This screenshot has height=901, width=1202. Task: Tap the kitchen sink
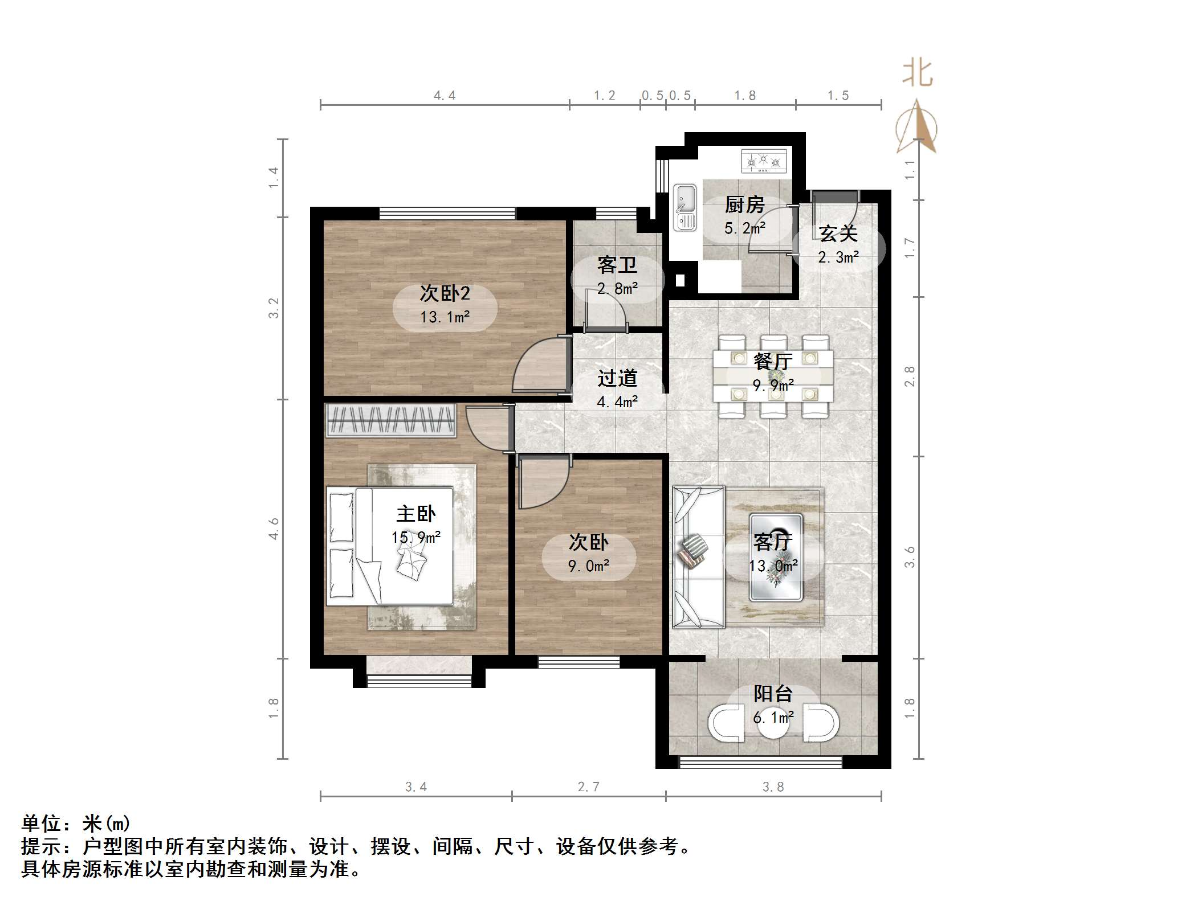coord(684,207)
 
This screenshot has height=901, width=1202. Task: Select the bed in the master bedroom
coord(390,546)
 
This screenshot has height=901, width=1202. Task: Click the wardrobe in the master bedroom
coord(390,420)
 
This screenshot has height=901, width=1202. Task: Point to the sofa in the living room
coord(696,556)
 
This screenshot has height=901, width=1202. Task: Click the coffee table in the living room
coord(776,557)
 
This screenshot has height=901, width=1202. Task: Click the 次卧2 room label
coord(445,293)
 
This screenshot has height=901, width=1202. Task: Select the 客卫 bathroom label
coord(617,265)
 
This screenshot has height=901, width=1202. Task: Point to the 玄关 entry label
coord(838,234)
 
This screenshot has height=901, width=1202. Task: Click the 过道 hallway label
coord(617,378)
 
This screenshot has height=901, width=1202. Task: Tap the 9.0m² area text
coord(588,566)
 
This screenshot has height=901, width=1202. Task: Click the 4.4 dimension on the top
coord(445,95)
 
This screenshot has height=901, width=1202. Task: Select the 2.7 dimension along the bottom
coord(588,787)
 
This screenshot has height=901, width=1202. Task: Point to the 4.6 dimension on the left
coord(274,528)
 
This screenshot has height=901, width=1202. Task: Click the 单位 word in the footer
coord(41,824)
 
